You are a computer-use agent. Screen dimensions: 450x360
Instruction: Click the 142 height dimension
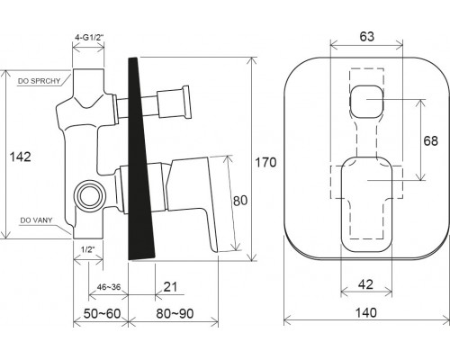21,157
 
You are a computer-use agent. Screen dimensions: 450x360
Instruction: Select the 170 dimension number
265,162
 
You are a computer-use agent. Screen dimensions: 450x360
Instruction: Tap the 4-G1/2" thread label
89,38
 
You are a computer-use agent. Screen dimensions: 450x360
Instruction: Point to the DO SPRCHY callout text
39,81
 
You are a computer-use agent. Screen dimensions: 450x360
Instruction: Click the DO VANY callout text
36,220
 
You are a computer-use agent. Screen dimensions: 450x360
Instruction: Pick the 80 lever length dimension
240,201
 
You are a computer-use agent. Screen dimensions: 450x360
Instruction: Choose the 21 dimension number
170,287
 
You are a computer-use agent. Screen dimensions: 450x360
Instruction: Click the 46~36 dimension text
109,287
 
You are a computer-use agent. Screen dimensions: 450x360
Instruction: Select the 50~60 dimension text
102,314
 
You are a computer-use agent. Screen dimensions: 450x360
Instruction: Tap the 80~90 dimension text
175,314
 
